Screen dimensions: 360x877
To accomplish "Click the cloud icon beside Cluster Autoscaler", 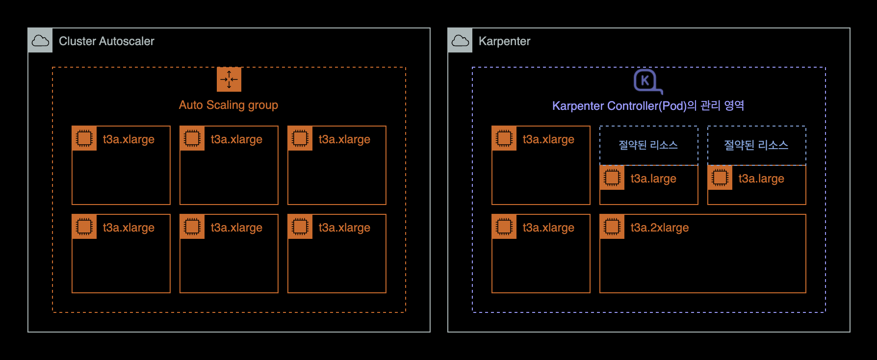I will pyautogui.click(x=40, y=41).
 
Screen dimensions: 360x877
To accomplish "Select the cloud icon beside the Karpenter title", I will pyautogui.click(x=460, y=41).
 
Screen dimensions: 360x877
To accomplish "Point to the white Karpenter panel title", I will pyautogui.click(x=504, y=41).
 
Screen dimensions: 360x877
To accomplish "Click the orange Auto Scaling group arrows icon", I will pyautogui.click(x=229, y=79).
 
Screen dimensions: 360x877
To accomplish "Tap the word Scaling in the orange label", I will pyautogui.click(x=225, y=105).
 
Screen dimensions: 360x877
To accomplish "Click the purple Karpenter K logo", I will pyautogui.click(x=646, y=81).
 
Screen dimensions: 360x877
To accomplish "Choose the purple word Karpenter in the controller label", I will pyautogui.click(x=578, y=106).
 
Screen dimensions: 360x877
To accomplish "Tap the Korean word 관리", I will pyautogui.click(x=710, y=105).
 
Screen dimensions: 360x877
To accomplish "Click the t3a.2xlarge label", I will pyautogui.click(x=659, y=228).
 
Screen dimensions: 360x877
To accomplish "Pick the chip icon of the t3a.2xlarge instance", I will pyautogui.click(x=612, y=227).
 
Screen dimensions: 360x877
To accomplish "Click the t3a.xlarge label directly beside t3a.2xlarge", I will pyautogui.click(x=548, y=228).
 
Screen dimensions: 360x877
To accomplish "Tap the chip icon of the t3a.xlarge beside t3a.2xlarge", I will pyautogui.click(x=504, y=227).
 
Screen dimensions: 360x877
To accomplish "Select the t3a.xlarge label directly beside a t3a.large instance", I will pyautogui.click(x=548, y=139).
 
